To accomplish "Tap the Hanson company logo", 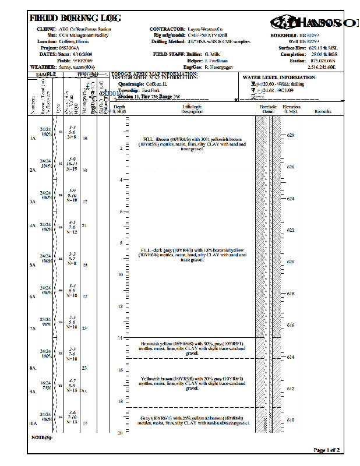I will [312, 23].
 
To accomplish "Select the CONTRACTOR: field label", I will [167, 29].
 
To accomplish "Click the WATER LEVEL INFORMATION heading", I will [279, 77].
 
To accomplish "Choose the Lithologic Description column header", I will [192, 109].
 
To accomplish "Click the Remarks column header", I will [322, 111].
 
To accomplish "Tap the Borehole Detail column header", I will [267, 109].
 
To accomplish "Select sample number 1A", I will [33, 139].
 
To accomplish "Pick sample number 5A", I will [33, 265].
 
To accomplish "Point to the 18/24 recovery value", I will [45, 385].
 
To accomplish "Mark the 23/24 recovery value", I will [45, 322].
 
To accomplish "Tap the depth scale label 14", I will [120, 338].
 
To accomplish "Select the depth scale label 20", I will [120, 433].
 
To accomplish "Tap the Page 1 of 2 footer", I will [326, 450].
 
